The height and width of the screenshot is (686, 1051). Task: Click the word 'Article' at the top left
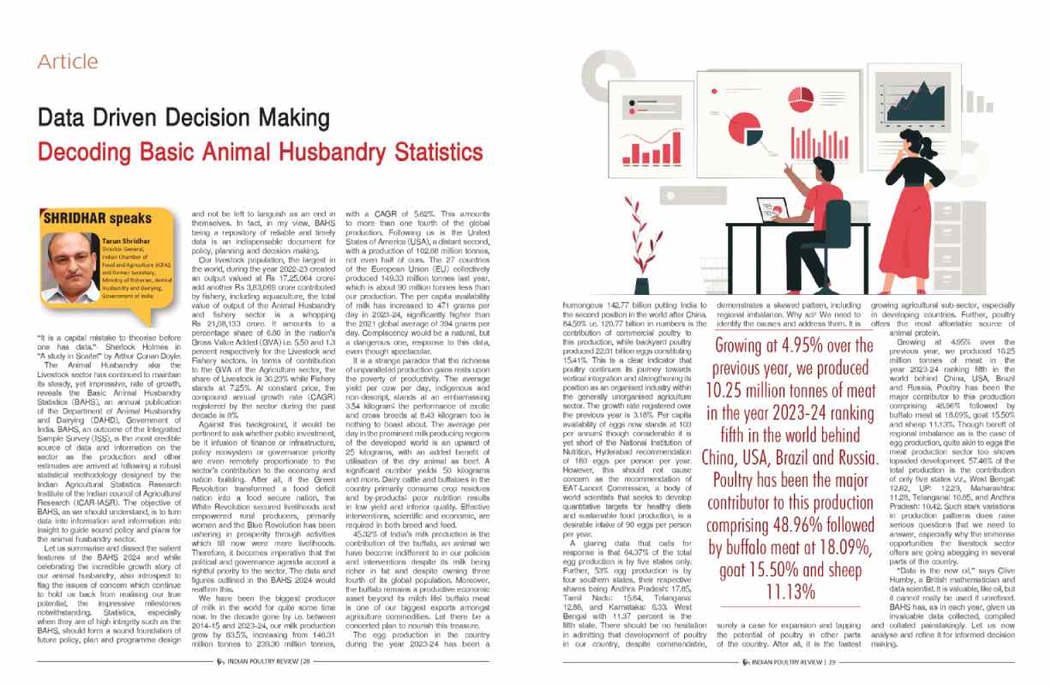pos(68,62)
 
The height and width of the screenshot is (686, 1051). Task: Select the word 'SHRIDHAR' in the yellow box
pos(76,218)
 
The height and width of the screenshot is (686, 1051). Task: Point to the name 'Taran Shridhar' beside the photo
pos(123,243)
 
